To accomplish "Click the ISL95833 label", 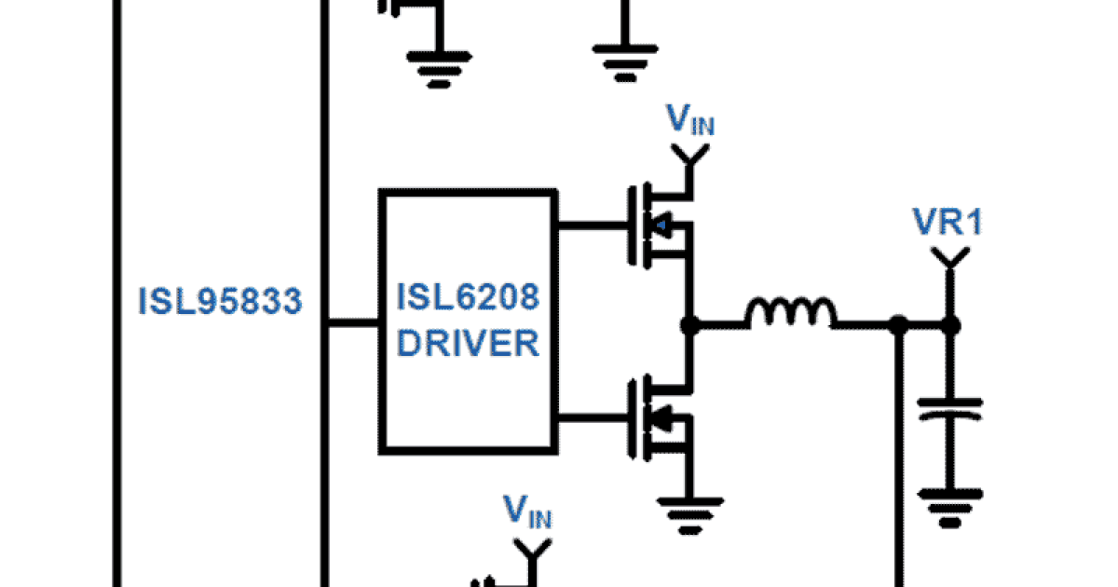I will coord(221,302).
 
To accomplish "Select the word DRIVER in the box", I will coord(469,343).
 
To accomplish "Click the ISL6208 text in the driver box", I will coord(469,298).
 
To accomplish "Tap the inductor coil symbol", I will coord(790,314).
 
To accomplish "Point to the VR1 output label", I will coord(948,223).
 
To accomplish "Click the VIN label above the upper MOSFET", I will coord(690,121).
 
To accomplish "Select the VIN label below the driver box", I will coord(528,512).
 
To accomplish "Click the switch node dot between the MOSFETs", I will coord(689,325).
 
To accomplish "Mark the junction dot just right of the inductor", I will coord(898,325).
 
